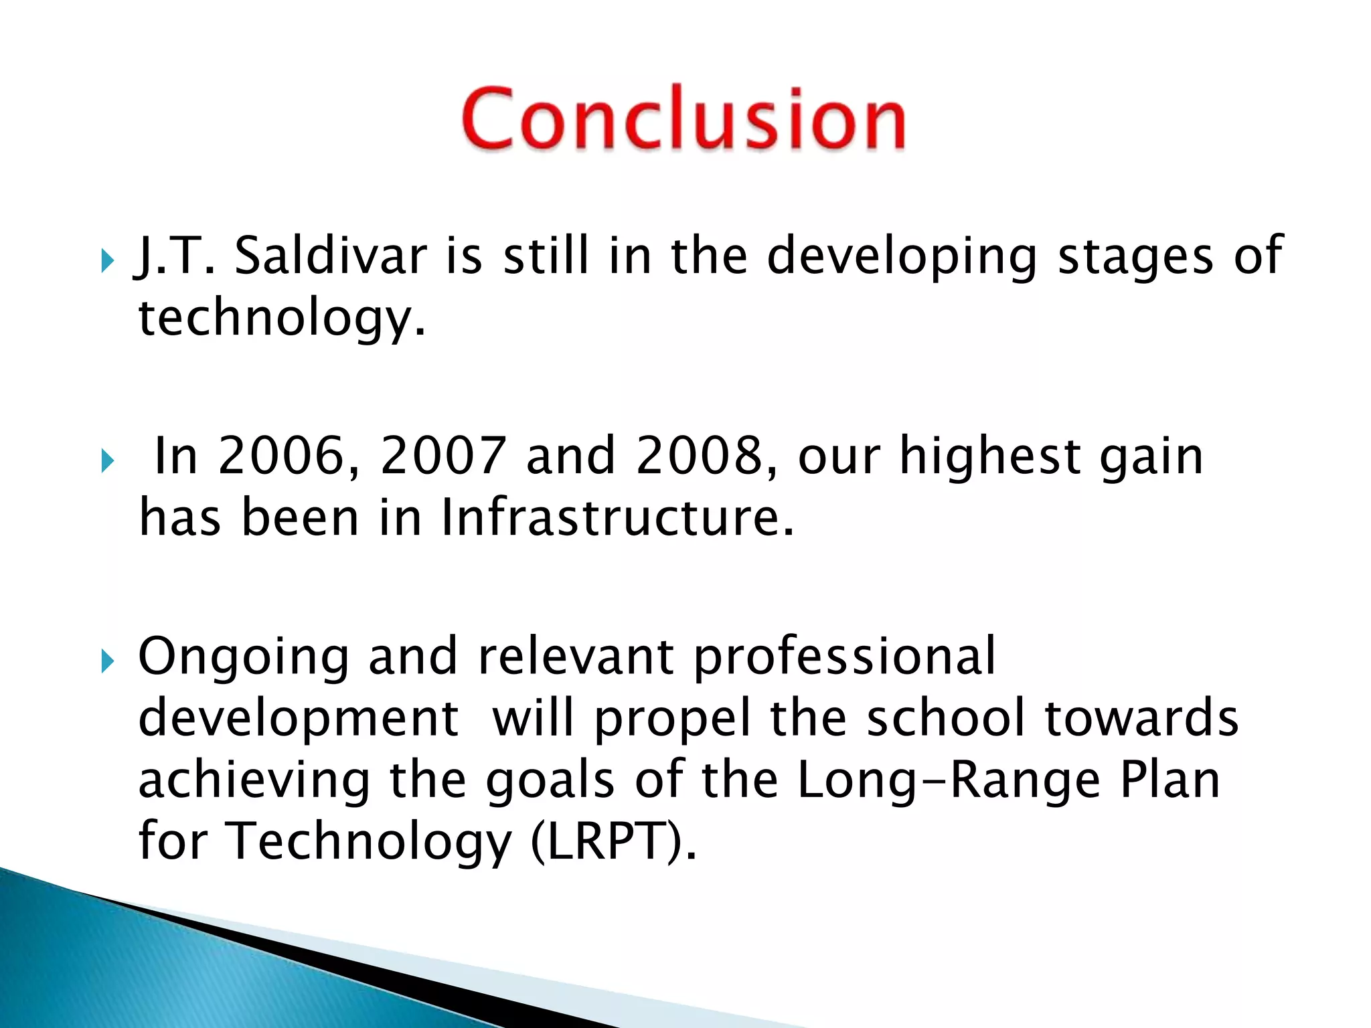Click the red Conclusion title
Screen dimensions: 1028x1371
[683, 118]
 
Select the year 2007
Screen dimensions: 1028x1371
[442, 456]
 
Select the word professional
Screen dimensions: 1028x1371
[844, 658]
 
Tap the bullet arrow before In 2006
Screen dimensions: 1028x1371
[108, 461]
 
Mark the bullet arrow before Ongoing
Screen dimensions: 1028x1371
[108, 662]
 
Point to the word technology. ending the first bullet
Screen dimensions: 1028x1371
[281, 318]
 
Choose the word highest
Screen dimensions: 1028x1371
[990, 456]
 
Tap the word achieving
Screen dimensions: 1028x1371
[254, 781]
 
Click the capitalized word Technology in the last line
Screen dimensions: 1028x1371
[368, 842]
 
